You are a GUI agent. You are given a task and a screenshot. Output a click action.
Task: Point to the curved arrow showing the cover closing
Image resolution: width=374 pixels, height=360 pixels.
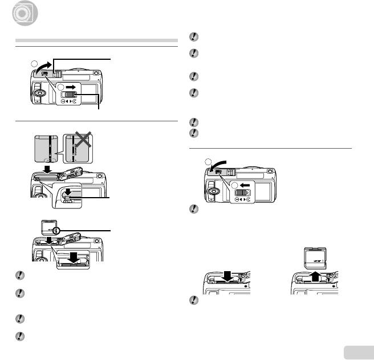coord(220,165)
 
